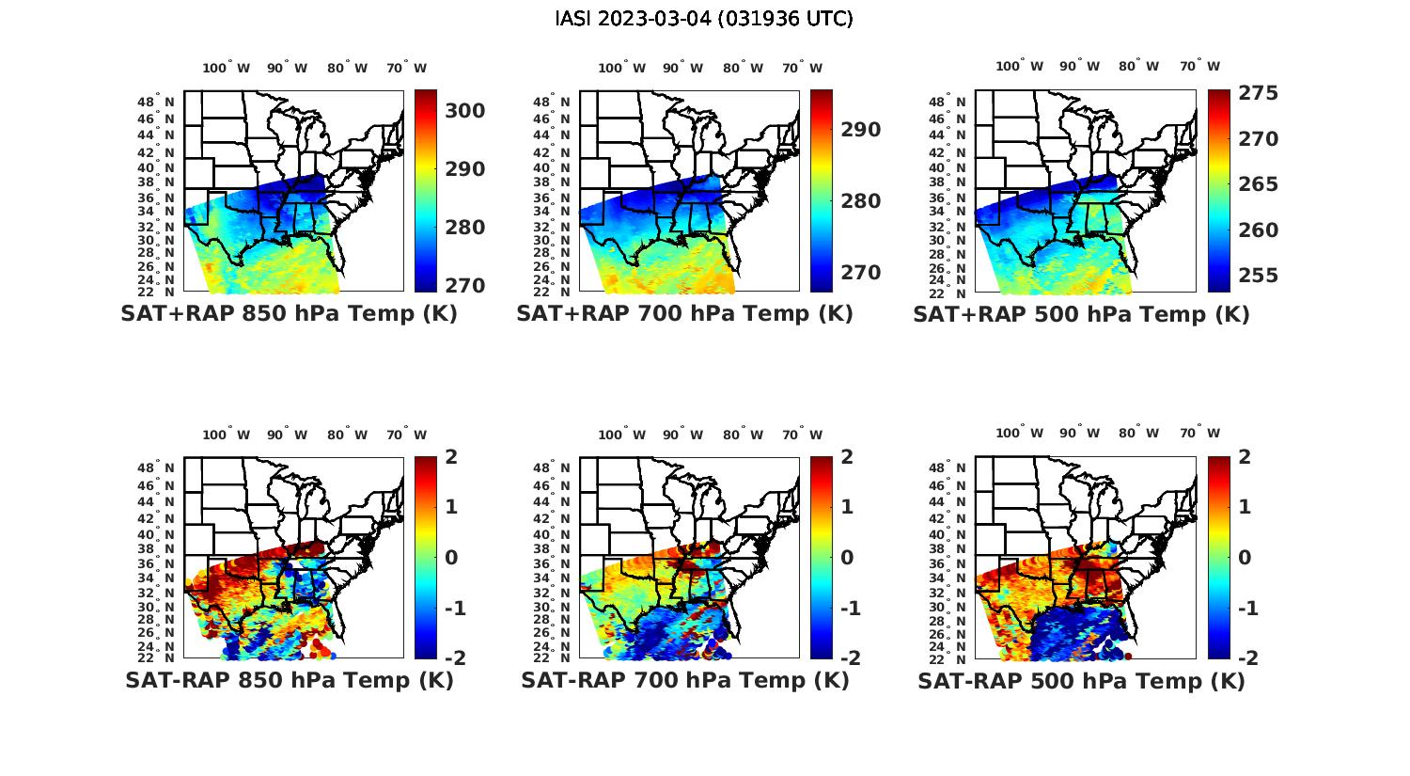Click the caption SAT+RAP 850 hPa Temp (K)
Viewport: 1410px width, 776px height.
289,314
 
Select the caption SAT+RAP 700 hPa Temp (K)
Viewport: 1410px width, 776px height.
684,314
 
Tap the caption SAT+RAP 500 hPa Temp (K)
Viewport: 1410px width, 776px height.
1081,314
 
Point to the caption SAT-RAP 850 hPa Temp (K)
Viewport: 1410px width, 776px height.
289,680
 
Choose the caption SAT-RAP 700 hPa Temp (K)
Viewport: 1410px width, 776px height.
685,680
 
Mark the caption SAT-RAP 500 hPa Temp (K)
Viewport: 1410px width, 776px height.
1081,681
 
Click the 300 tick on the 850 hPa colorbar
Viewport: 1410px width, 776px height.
465,111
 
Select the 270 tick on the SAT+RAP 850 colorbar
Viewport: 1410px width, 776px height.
465,285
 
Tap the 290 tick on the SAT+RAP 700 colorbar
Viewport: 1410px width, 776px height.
861,130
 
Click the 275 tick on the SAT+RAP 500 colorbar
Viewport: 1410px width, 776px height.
1258,93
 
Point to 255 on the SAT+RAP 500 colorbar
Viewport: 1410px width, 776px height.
1258,276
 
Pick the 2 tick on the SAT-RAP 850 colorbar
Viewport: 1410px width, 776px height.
452,458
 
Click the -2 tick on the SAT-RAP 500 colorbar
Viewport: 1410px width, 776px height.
1241,657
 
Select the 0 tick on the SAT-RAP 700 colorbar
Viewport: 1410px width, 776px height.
848,558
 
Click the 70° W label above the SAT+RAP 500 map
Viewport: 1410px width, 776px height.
1199,66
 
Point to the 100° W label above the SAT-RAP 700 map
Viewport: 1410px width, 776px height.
621,435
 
